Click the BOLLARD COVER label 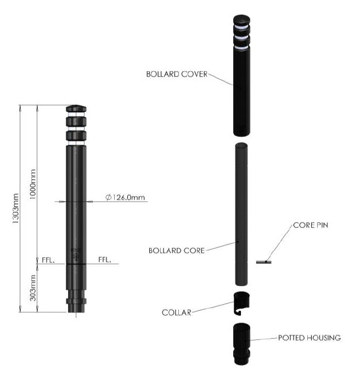coord(176,74)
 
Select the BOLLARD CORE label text coord(176,250)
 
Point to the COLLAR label coord(176,312)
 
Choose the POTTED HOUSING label coord(310,338)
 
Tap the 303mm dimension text coord(33,289)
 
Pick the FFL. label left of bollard coord(48,259)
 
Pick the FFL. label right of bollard coord(104,259)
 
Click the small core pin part coord(264,262)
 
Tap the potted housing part coord(242,344)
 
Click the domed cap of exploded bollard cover coord(241,20)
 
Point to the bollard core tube coord(241,214)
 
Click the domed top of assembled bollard coord(76,108)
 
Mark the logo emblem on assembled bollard coord(76,255)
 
